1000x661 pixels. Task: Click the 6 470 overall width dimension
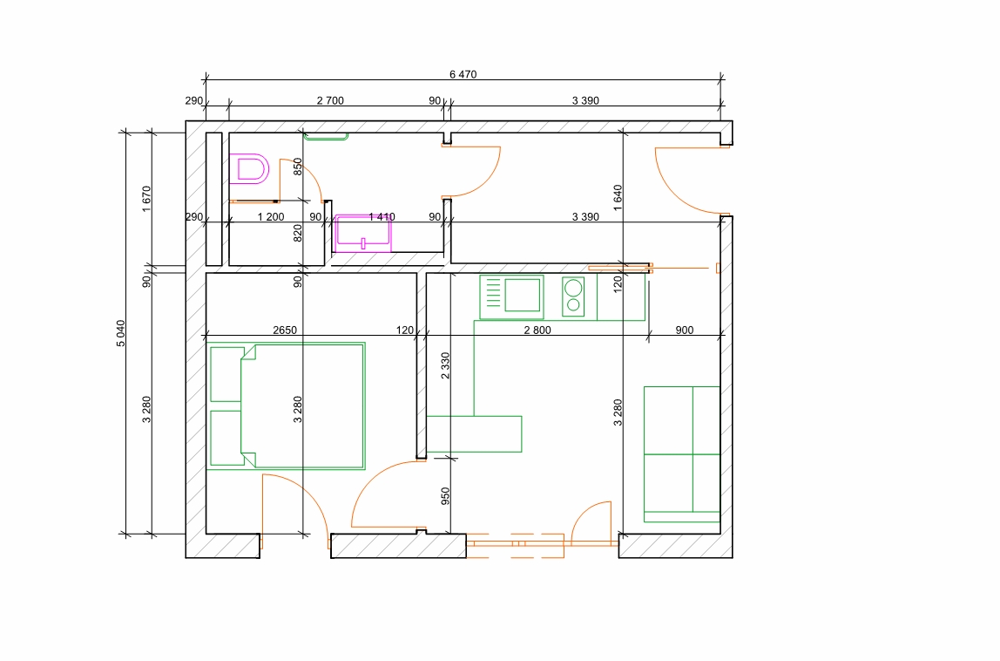pos(463,74)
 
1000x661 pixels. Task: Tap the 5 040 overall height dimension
pos(121,333)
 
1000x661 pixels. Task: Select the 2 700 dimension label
pos(330,100)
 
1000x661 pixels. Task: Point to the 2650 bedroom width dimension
pos(285,330)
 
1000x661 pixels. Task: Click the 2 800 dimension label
pos(537,330)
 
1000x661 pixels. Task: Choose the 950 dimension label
pos(445,495)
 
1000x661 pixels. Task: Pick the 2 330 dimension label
pos(445,365)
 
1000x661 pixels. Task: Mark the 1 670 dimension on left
pos(146,199)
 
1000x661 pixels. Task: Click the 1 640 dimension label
pos(618,198)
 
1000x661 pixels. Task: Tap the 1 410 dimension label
pos(382,217)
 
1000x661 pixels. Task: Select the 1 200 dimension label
pos(271,217)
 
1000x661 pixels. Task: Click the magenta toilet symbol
pos(249,168)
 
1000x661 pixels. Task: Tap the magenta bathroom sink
pos(362,233)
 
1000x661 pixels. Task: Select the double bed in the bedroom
pos(287,406)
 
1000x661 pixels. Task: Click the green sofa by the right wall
pos(682,454)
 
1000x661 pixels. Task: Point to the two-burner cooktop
pos(573,297)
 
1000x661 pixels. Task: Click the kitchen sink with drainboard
pos(511,297)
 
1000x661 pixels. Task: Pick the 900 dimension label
pos(685,330)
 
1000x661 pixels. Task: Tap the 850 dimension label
pos(297,167)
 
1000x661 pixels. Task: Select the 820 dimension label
pos(297,233)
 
